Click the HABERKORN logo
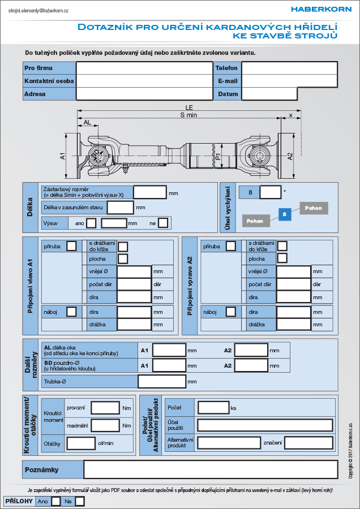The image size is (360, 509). [321, 10]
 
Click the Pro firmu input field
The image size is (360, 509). [144, 68]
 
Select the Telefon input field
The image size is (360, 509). [289, 68]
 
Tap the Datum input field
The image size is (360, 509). [269, 94]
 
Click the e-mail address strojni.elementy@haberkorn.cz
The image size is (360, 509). [38, 10]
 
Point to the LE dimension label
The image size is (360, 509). [189, 107]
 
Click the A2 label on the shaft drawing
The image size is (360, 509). [290, 156]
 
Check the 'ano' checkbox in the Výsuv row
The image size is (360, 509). [91, 223]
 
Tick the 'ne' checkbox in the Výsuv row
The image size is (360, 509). [163, 223]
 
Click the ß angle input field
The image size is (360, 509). [271, 192]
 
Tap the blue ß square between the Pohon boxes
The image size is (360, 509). [285, 214]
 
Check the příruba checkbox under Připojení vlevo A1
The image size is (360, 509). [71, 246]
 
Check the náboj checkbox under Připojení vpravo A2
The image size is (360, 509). [231, 312]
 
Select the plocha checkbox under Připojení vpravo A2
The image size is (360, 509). [282, 258]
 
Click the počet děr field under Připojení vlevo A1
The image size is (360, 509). [134, 284]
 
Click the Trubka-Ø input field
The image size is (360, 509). [162, 381]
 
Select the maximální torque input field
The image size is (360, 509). [105, 425]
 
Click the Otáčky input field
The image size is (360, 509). [81, 443]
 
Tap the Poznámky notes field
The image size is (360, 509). [211, 469]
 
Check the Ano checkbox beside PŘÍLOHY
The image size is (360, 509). [56, 501]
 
